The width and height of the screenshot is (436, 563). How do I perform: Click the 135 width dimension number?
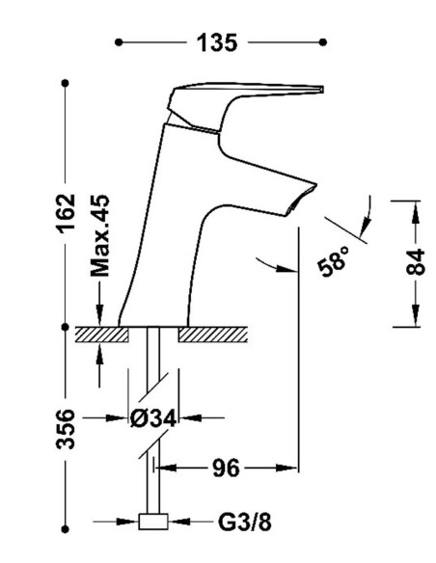pos(217,42)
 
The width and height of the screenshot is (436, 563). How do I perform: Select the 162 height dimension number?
pos(67,214)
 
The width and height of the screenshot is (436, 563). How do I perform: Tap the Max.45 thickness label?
pos(99,235)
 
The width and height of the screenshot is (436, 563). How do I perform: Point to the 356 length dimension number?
pos(66,429)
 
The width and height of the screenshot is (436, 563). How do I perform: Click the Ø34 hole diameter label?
pos(153,418)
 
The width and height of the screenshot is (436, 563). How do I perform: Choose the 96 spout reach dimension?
pos(226,468)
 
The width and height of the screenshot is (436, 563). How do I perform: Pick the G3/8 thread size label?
pos(245,522)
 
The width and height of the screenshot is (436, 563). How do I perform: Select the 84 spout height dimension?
pos(416,262)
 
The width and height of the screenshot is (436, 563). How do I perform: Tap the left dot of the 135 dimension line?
pos(119,42)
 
